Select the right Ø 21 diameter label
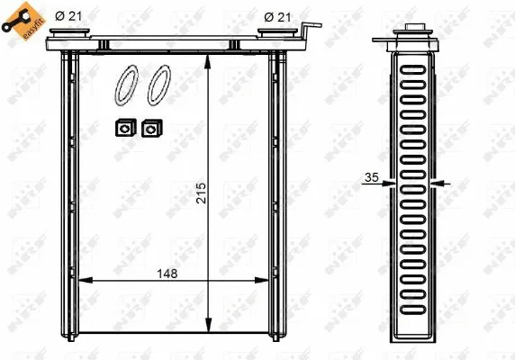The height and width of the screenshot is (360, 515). [276, 15]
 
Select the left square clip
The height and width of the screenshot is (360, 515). [121, 129]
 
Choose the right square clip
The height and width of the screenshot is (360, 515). [149, 129]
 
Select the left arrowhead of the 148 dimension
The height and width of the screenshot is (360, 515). [83, 283]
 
